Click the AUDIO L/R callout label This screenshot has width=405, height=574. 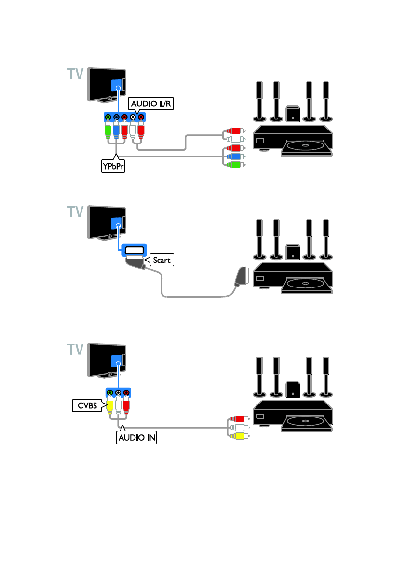point(150,104)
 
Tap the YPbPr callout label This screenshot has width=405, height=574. point(113,166)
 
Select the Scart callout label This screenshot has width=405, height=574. point(161,260)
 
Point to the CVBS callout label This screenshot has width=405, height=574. point(87,405)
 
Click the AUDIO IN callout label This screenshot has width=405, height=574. point(137,437)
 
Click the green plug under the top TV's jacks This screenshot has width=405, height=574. point(108,130)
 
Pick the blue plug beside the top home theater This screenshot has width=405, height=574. point(233,157)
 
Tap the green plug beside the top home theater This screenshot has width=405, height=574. point(233,164)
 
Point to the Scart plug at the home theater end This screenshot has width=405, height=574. point(242,276)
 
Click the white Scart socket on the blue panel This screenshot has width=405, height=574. point(134,250)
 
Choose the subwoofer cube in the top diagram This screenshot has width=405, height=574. point(293,113)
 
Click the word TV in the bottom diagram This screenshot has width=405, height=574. point(76,350)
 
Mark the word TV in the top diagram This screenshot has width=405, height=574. point(76,74)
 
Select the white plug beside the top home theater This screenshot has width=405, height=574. point(233,139)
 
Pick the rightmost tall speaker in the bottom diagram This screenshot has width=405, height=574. point(326,377)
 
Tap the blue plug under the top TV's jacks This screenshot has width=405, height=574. point(116,130)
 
